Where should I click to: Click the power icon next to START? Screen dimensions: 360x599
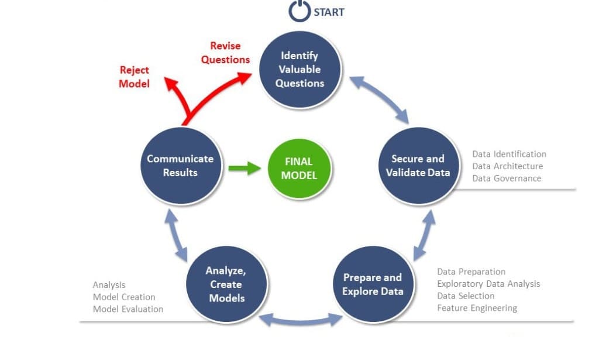click(299, 12)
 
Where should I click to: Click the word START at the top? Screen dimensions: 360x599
click(329, 12)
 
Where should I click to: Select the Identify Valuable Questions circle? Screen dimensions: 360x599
click(300, 69)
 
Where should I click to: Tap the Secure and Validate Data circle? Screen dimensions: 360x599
click(418, 166)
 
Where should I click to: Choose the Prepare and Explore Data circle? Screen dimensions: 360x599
click(373, 284)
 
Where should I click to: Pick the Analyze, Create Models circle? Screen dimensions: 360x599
click(226, 284)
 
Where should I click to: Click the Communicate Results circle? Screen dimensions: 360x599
click(180, 166)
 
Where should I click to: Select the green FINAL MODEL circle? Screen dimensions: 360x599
click(299, 169)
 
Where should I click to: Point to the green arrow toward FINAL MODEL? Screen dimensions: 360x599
click(245, 169)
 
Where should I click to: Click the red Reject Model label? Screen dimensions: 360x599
click(135, 77)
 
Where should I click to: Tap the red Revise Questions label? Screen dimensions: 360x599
click(225, 53)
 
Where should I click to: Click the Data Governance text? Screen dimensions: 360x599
click(507, 179)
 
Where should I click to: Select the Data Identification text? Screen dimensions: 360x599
click(509, 154)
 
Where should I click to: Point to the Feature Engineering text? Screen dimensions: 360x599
click(477, 308)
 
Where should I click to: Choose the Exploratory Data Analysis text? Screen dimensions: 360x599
click(488, 284)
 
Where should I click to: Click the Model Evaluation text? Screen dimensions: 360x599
click(128, 309)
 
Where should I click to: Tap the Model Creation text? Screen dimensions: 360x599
click(124, 297)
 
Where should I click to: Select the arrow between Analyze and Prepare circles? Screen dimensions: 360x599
click(301, 319)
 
